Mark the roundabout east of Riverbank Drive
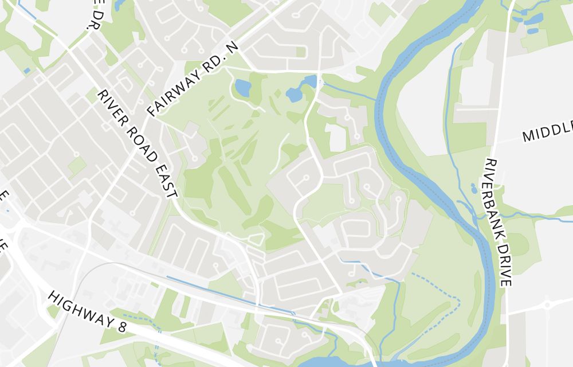click(547, 304)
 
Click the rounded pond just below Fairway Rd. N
click(243, 88)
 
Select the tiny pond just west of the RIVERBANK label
click(474, 188)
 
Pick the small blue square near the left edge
click(27, 71)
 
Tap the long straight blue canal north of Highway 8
click(229, 296)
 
